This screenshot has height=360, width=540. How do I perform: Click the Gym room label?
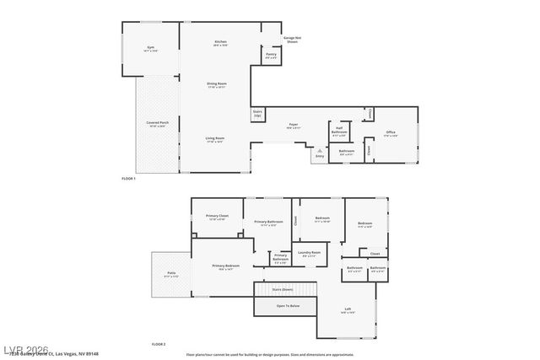click(x=151, y=49)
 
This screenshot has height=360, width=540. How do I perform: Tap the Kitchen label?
click(x=220, y=42)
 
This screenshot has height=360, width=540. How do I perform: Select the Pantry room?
click(x=271, y=56)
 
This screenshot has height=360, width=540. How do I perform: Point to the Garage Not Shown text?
click(x=293, y=39)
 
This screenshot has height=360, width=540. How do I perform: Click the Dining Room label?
click(x=217, y=84)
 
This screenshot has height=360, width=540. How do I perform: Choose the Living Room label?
click(x=215, y=139)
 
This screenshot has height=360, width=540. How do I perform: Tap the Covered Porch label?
click(x=157, y=123)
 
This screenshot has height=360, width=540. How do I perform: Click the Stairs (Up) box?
click(x=256, y=113)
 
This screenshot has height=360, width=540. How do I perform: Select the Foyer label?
click(x=294, y=126)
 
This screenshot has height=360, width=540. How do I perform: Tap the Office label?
click(x=391, y=132)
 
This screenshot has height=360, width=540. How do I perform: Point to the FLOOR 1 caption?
click(x=129, y=180)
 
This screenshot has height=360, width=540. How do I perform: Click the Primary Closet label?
click(x=217, y=217)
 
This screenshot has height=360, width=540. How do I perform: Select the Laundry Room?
click(x=309, y=253)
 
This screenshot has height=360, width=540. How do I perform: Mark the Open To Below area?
click(x=288, y=306)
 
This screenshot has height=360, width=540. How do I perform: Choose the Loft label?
click(x=348, y=309)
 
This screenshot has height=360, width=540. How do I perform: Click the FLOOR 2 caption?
click(x=159, y=344)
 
